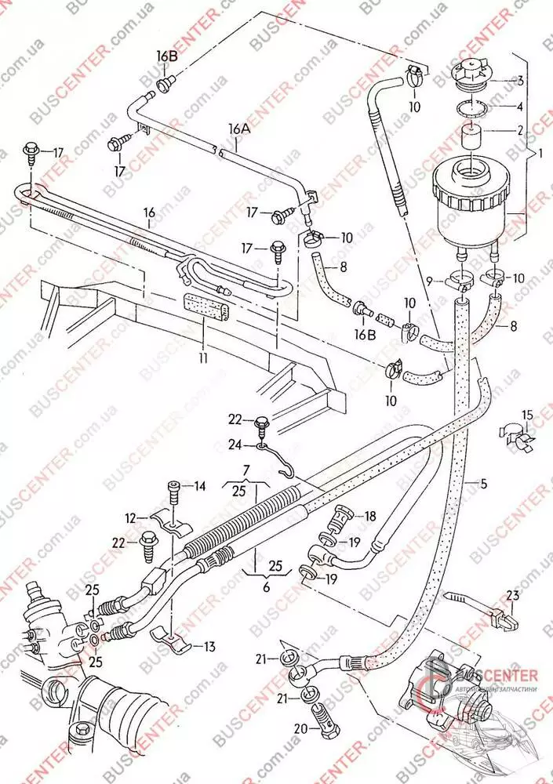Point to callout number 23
pyautogui.click(x=512, y=595)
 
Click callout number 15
pyautogui.click(x=527, y=415)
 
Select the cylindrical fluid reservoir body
pyautogui.click(x=468, y=196)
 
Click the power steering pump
pyautogui.click(x=443, y=690)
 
